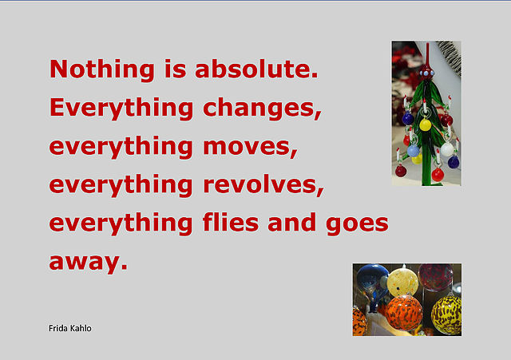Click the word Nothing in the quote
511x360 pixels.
tap(102, 69)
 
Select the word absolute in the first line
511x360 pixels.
tap(256, 69)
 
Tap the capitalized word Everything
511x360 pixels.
tap(121, 109)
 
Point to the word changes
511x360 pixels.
tap(262, 109)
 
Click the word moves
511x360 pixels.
tap(250, 148)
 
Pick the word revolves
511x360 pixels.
tap(263, 184)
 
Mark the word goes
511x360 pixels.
tap(357, 225)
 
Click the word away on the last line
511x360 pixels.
tap(88, 263)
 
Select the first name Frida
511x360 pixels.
tap(58, 328)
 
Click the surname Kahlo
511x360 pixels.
tap(81, 328)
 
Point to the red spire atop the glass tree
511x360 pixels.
tap(427, 55)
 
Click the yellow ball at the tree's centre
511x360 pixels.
tap(426, 125)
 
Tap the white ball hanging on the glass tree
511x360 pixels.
tap(447, 149)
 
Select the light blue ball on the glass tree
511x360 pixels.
tap(414, 151)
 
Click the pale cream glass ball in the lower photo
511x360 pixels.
tap(402, 282)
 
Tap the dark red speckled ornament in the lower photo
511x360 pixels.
tap(435, 277)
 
